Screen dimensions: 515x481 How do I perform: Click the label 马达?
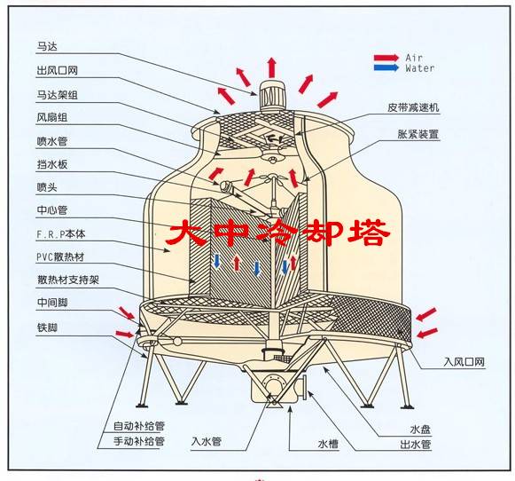[x=47, y=46]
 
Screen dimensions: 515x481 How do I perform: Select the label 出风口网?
[x=57, y=70]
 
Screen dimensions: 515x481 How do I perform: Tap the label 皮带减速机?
[x=413, y=107]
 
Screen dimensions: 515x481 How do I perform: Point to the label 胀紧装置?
[x=418, y=134]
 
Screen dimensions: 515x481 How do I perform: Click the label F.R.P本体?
[x=61, y=234]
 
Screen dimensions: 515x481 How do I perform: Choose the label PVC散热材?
[x=60, y=256]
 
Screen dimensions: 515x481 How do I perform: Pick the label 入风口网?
[x=464, y=362]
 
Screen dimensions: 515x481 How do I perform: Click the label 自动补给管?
[x=139, y=426]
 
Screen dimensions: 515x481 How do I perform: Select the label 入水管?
[x=207, y=441]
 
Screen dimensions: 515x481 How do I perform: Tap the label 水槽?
[x=328, y=444]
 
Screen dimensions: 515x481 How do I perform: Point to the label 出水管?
[x=415, y=445]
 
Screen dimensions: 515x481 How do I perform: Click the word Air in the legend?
[x=414, y=58]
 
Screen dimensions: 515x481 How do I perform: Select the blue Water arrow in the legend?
[x=386, y=67]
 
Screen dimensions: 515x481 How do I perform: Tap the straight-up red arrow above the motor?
[x=271, y=67]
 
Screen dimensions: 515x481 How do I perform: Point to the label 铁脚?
[x=47, y=327]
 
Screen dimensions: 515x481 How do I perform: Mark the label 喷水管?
[x=52, y=141]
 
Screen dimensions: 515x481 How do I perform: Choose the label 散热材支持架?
[x=68, y=280]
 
